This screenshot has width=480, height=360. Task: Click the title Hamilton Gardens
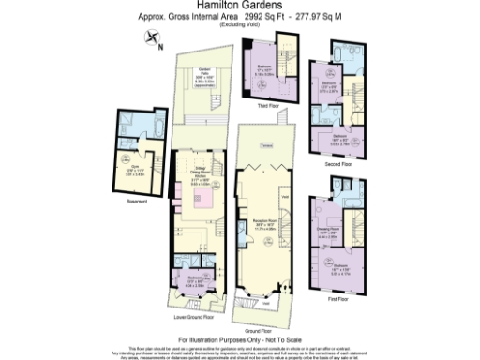click(239, 7)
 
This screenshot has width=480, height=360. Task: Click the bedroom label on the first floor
click(341, 268)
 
